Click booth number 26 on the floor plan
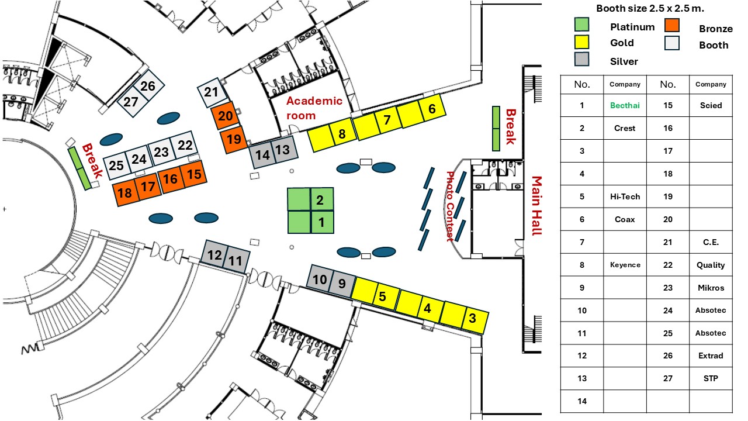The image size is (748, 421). coord(148,87)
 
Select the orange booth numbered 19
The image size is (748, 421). coord(234,140)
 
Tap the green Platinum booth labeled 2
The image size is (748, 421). coord(320,201)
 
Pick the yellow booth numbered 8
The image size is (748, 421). coord(342,134)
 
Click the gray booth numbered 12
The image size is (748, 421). coord(214,255)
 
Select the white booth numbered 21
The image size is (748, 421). coord(211,92)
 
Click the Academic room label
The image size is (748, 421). coord(314,108)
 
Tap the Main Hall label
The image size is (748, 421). coord(536,206)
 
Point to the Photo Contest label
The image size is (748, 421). coord(450,206)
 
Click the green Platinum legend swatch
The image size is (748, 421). coord(581,25)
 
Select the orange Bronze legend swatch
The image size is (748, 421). coord(672,25)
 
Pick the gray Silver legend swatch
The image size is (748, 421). coord(581,59)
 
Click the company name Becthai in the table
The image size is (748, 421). coord(625,105)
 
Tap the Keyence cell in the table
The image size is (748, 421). coord(625,265)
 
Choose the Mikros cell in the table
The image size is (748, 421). coord(711,288)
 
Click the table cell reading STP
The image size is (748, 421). coord(711,378)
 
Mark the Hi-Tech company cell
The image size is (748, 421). coord(625,196)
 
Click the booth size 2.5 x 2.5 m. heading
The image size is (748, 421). coord(650,8)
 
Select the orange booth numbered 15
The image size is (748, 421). coord(194,174)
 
